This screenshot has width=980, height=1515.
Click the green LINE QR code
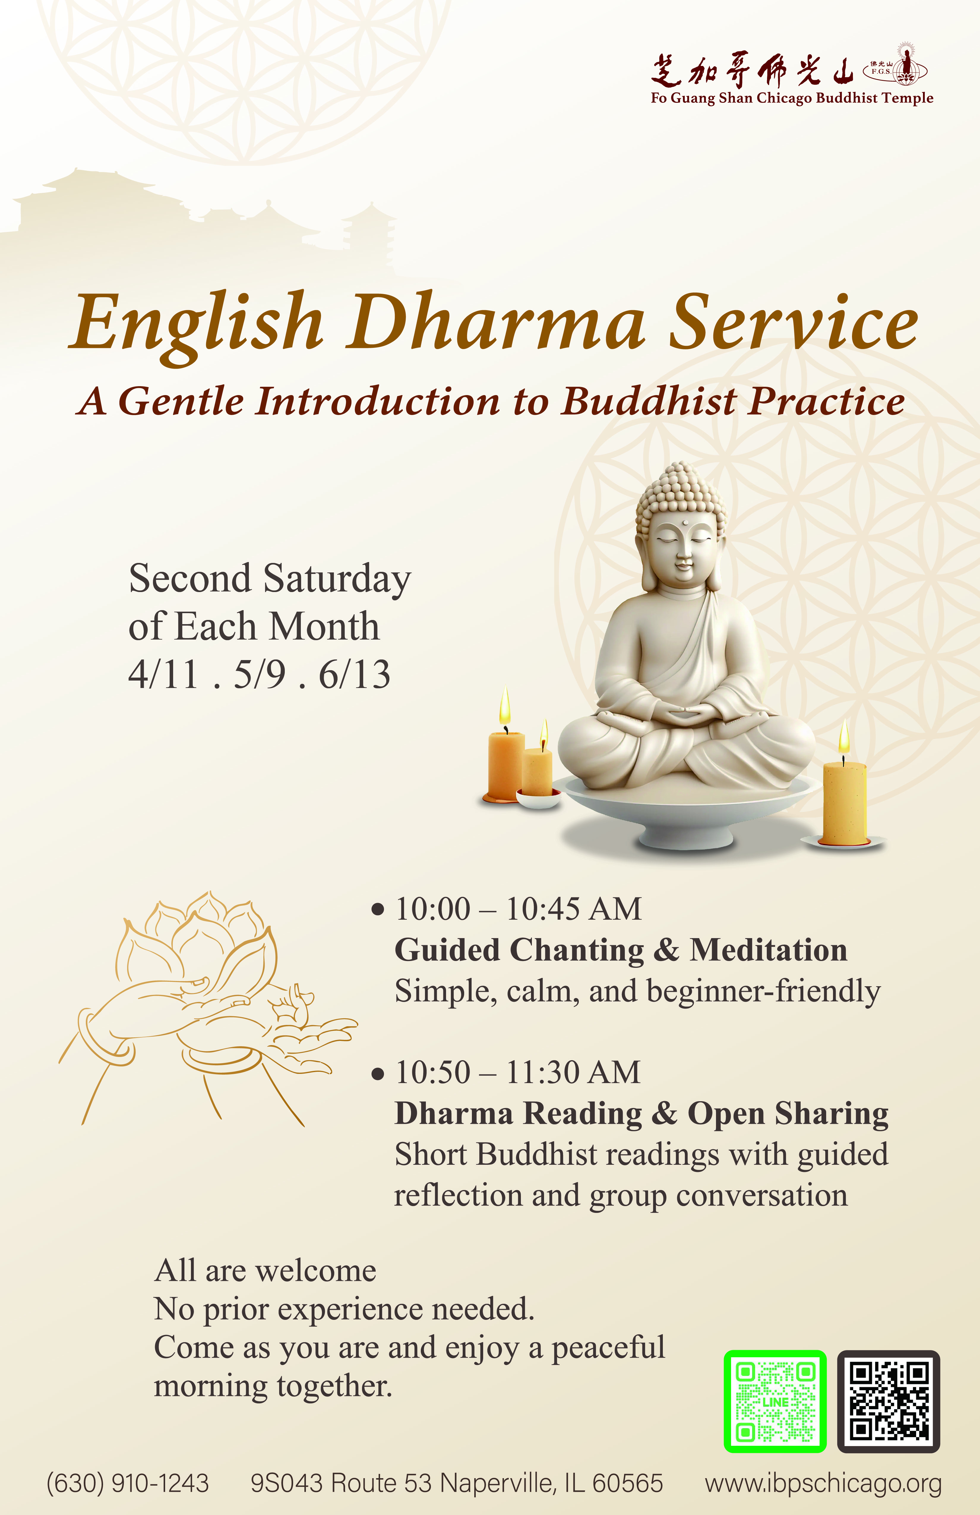coord(775,1401)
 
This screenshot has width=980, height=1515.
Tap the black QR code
coord(888,1401)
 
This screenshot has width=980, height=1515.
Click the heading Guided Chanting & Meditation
coord(621,950)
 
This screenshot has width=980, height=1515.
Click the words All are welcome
coord(265,1271)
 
